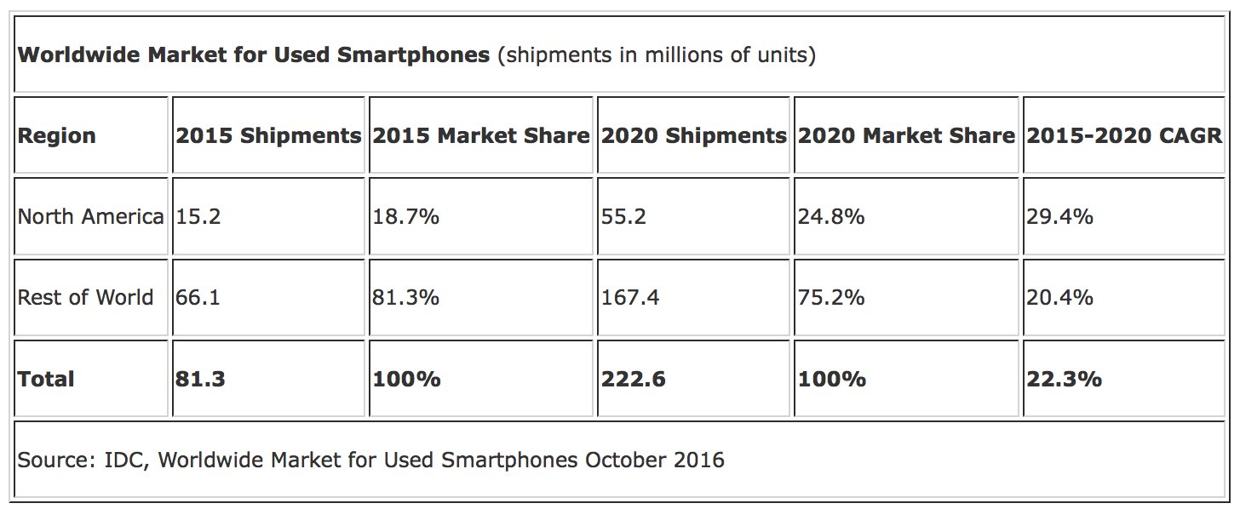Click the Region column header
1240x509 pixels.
pos(57,136)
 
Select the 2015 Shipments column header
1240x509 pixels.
pos(268,136)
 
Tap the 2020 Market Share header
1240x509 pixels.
pos(906,136)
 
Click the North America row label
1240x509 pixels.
pos(90,217)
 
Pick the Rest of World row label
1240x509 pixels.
pos(85,298)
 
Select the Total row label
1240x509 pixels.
pos(46,379)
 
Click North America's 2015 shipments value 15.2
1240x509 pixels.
pos(198,217)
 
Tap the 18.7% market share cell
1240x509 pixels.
pos(406,217)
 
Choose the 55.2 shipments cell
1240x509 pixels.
pos(624,217)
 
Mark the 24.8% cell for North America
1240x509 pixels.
pos(831,217)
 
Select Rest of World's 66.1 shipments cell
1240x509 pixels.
pos(198,298)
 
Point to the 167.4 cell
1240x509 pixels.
pos(630,298)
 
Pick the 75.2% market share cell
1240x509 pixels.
pos(831,298)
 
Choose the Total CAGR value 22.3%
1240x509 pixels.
pos(1065,379)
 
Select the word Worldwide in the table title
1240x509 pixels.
pos(78,56)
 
